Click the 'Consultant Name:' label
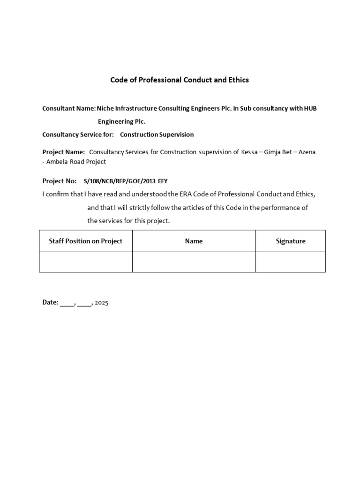coord(68,108)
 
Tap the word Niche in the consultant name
coord(105,108)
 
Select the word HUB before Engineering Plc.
coord(310,108)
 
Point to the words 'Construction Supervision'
coord(157,135)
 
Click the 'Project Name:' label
coord(63,152)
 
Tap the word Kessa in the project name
coord(248,152)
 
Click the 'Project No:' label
coord(59,180)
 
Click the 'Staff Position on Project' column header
coord(86,241)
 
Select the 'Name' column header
coord(194,241)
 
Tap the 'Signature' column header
coord(291,241)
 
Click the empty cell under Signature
coord(291,262)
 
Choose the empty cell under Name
coord(194,262)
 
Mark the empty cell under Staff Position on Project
coord(86,262)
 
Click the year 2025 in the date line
coord(101,303)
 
